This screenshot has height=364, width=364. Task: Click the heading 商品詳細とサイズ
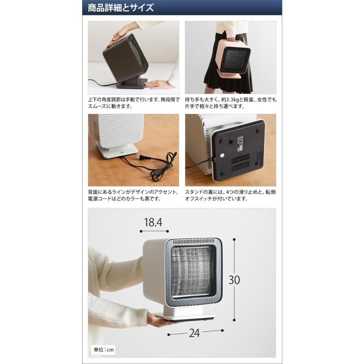coord(121,8)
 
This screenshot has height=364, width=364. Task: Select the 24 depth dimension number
coord(194,334)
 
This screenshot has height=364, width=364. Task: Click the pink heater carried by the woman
coord(233,59)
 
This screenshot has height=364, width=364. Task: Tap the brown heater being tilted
coord(125,61)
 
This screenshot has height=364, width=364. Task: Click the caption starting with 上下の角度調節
coord(133,103)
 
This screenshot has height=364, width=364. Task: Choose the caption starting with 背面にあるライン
coord(133,195)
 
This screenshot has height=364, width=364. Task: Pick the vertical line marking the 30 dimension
coord(234,279)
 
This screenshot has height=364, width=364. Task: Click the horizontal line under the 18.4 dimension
coord(154,231)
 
